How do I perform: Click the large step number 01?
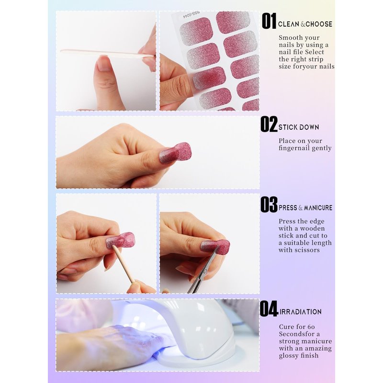[x=269, y=21]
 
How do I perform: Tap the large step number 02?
[x=269, y=124]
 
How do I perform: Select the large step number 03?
[x=269, y=204]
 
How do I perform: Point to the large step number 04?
[x=269, y=308]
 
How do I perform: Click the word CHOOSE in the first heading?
[x=319, y=24]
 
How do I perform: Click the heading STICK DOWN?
[x=298, y=127]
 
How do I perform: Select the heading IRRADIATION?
[x=300, y=312]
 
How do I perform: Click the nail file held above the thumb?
[x=107, y=54]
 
